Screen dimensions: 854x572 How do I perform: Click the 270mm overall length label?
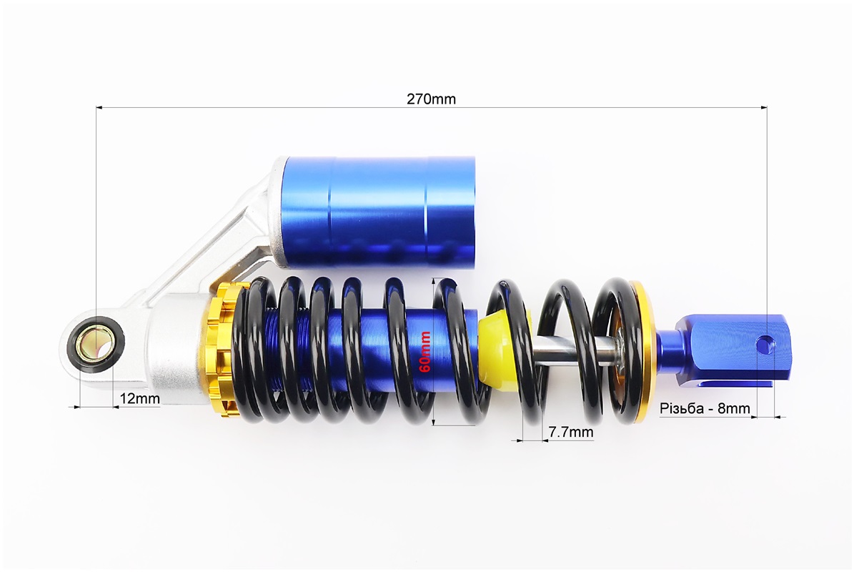[x=431, y=99]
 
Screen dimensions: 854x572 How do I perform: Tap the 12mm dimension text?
[x=139, y=398]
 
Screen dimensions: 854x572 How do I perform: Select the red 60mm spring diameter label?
[x=425, y=352]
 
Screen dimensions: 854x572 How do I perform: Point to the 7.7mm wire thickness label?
[x=571, y=432]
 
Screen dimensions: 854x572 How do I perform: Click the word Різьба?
[x=681, y=408]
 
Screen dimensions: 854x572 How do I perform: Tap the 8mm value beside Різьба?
[x=734, y=408]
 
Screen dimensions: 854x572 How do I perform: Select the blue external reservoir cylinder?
[x=379, y=212]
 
